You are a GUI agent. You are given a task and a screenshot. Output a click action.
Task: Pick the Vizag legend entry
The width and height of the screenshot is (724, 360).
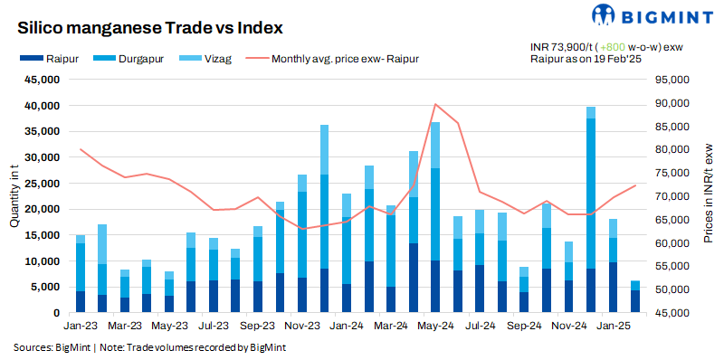tap(203, 59)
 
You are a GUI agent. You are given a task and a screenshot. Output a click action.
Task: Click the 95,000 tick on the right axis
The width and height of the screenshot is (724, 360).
tap(671, 80)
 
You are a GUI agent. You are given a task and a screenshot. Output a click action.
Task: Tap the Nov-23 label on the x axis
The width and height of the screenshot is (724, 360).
tap(301, 325)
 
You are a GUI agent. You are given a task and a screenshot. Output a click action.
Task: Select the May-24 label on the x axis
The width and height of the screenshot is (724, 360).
tap(434, 325)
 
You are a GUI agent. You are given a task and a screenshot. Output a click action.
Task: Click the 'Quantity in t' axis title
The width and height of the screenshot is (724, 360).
tap(14, 196)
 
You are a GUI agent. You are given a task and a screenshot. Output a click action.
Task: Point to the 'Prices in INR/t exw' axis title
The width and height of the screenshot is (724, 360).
tap(709, 196)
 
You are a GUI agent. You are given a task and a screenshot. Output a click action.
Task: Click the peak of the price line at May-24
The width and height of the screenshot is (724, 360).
tap(435, 104)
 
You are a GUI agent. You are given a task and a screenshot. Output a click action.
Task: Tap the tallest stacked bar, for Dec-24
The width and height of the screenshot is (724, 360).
tap(591, 208)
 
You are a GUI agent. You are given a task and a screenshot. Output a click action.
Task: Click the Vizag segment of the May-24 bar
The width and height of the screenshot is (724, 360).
tap(435, 145)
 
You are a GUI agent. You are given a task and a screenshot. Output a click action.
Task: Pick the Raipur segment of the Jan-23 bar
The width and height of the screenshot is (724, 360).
tap(81, 302)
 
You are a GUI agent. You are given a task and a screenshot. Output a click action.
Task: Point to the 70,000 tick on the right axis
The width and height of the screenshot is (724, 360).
tap(671, 196)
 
